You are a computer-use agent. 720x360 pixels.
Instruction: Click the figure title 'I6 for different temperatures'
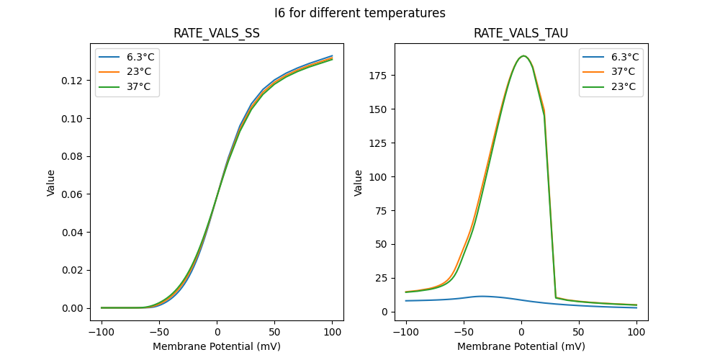(x=360, y=13)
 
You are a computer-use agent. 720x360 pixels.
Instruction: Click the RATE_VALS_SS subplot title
(x=217, y=34)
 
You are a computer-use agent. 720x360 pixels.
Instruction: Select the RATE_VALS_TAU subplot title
(x=521, y=34)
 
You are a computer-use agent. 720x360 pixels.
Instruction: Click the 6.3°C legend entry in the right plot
(x=621, y=58)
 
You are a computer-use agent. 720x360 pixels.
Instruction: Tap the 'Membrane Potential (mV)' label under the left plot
(x=217, y=346)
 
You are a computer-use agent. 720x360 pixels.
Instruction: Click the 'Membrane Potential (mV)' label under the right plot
(x=521, y=346)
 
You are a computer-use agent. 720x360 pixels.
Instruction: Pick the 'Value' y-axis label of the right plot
(x=358, y=183)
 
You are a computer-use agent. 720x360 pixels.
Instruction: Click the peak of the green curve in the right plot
(x=523, y=56)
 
